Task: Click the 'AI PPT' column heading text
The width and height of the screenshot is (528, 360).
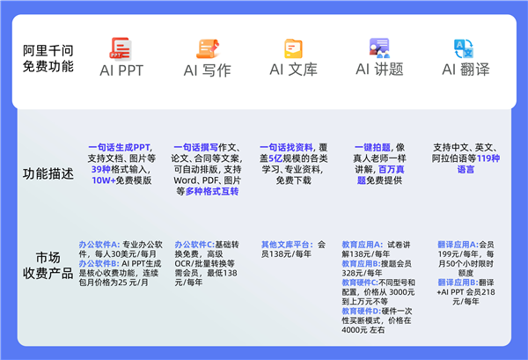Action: click(121, 70)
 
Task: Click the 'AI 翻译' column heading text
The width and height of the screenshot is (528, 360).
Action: click(465, 70)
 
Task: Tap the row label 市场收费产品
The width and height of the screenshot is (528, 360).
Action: click(48, 264)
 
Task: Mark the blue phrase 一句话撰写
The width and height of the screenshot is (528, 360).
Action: click(193, 147)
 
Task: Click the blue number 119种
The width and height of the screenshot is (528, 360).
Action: click(488, 158)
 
